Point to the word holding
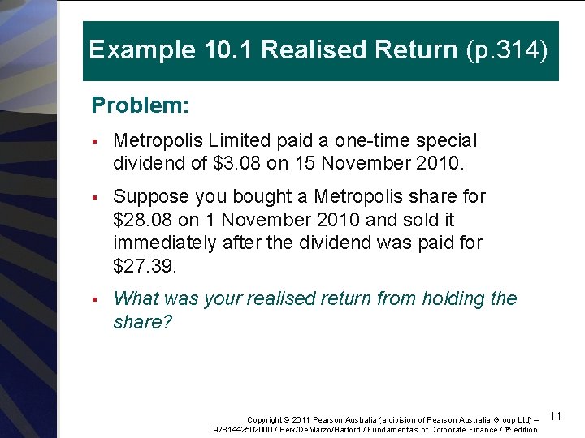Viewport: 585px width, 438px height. [448, 298]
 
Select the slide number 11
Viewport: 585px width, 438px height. [557, 416]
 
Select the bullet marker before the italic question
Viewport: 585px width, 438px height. [95, 299]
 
